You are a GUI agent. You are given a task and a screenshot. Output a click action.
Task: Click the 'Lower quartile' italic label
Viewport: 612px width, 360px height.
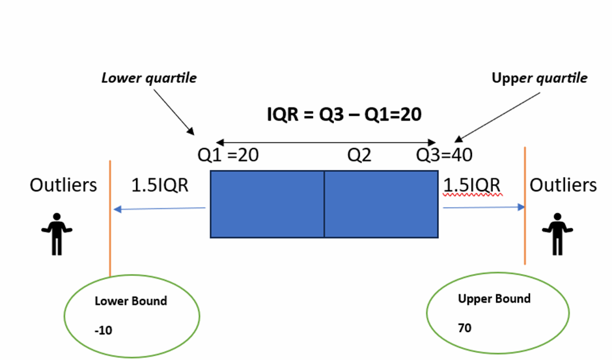[x=149, y=78]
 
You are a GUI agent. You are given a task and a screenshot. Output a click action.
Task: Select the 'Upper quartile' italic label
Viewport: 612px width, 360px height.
[x=539, y=78]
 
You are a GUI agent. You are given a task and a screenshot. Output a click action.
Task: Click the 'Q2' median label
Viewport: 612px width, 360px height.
[x=359, y=156]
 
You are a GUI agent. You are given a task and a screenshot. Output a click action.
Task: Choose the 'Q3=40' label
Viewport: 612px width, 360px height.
[x=445, y=156]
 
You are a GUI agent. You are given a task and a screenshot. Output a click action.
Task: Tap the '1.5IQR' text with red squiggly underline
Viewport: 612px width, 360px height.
[x=472, y=185]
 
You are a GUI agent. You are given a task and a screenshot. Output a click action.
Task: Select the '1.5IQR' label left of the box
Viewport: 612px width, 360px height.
[x=160, y=186]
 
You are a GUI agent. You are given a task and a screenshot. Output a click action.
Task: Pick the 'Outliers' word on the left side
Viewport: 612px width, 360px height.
[x=63, y=186]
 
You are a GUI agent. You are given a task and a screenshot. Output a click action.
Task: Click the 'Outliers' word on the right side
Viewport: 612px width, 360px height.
[x=563, y=186]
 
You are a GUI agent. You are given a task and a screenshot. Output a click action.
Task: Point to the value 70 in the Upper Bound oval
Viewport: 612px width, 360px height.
[x=465, y=328]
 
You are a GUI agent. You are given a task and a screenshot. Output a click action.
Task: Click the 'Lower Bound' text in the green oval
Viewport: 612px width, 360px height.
[x=131, y=301]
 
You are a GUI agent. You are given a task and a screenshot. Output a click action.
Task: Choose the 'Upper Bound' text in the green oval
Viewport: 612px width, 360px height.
[x=494, y=299]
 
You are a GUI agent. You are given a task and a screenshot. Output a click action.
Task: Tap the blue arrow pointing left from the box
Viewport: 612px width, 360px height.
[x=160, y=209]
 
